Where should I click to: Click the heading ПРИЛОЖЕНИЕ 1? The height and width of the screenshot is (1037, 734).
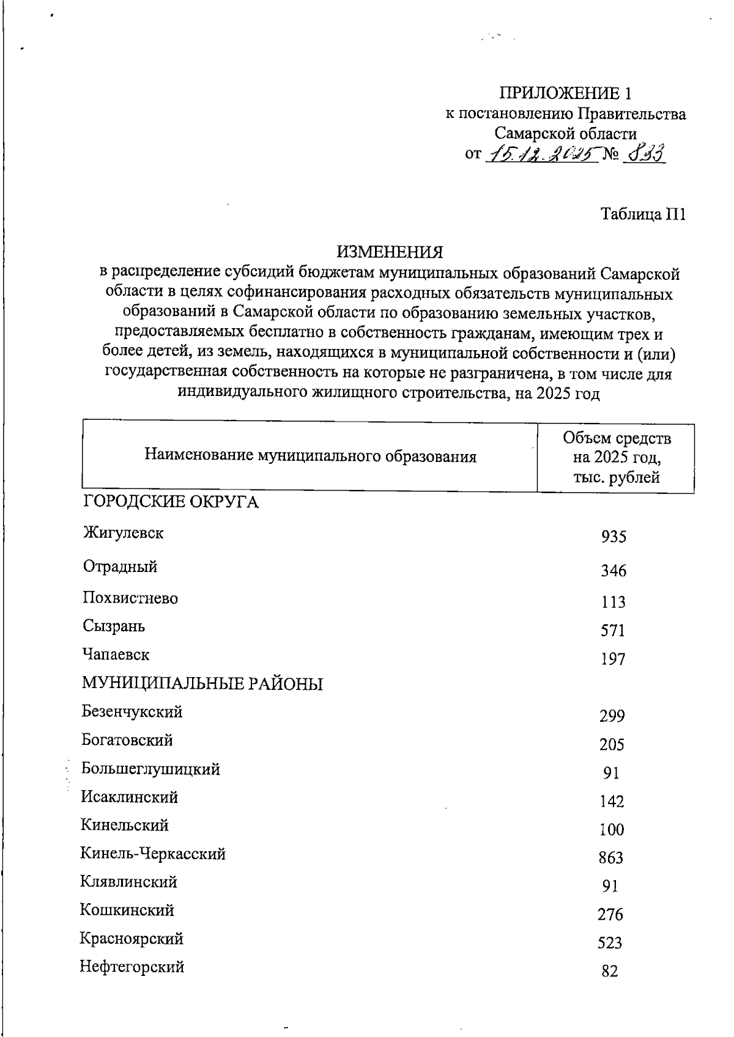pyautogui.click(x=565, y=93)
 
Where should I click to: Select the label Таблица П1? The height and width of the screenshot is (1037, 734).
pyautogui.click(x=643, y=214)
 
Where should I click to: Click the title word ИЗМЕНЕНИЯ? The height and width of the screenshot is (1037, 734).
pyautogui.click(x=390, y=251)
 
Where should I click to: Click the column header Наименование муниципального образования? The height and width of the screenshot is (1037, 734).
pyautogui.click(x=310, y=456)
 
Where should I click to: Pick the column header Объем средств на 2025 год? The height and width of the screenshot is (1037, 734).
pyautogui.click(x=616, y=457)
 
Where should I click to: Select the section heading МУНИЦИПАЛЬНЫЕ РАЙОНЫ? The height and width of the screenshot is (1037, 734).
pyautogui.click(x=202, y=683)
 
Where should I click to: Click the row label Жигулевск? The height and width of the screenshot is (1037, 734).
pyautogui.click(x=123, y=533)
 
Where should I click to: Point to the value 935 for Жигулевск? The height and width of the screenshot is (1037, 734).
pyautogui.click(x=614, y=537)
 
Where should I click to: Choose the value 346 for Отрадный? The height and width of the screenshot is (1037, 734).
pyautogui.click(x=614, y=571)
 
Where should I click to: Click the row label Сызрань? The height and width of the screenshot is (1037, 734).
pyautogui.click(x=114, y=626)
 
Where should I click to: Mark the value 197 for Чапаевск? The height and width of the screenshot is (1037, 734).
pyautogui.click(x=613, y=659)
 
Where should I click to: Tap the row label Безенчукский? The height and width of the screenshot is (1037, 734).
pyautogui.click(x=132, y=712)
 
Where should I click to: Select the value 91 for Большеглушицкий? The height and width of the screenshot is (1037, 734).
pyautogui.click(x=611, y=773)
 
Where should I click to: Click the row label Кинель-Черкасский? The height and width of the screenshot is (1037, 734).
pyautogui.click(x=153, y=854)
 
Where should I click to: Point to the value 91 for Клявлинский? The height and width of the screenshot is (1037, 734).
pyautogui.click(x=610, y=886)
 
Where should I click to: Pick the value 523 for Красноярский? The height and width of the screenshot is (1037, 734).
pyautogui.click(x=610, y=943)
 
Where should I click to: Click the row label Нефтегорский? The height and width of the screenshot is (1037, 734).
pyautogui.click(x=132, y=967)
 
